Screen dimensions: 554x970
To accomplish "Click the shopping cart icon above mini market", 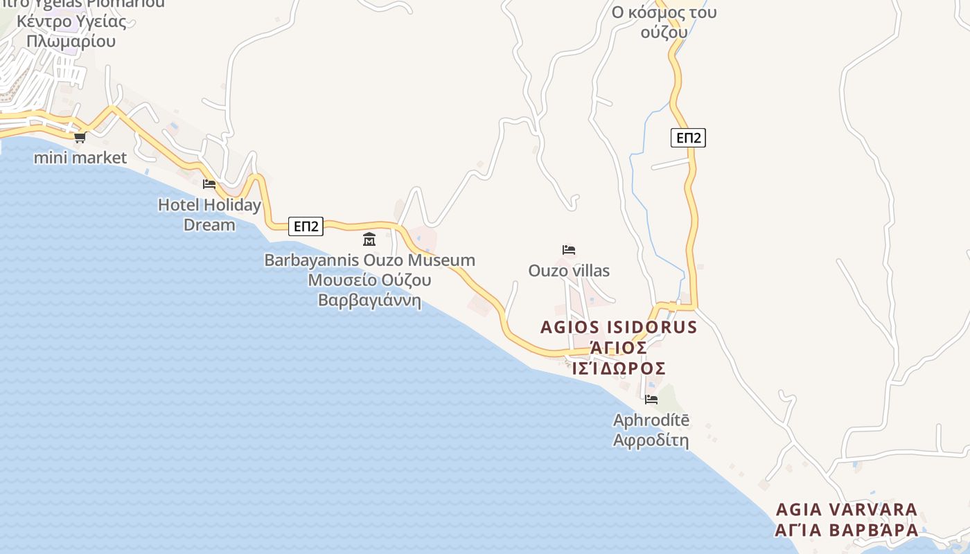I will click(x=80, y=137).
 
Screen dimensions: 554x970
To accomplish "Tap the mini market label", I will click(x=80, y=158).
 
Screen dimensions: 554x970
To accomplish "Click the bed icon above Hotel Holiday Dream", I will click(x=209, y=184).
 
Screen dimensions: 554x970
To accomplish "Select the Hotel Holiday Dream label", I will click(x=209, y=215).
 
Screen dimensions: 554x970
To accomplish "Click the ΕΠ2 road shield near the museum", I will click(x=306, y=226).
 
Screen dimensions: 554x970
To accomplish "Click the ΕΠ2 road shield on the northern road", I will click(x=688, y=138).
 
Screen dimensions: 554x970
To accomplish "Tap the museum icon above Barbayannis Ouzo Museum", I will click(x=369, y=240).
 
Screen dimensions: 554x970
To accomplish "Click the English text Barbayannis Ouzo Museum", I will click(x=369, y=260).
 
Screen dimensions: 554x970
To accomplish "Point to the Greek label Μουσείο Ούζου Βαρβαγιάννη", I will click(x=369, y=290).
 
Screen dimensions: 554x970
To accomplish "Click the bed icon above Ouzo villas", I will click(x=569, y=249).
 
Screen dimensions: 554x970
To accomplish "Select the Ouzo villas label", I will click(x=569, y=271).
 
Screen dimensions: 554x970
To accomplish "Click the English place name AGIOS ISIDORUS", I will click(x=618, y=327).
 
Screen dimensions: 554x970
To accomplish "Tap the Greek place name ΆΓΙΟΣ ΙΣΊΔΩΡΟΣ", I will click(x=618, y=357).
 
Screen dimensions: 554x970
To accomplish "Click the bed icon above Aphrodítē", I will click(x=651, y=399).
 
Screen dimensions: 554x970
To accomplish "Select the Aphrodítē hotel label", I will click(x=651, y=420).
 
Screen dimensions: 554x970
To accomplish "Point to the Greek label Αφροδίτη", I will click(x=651, y=440).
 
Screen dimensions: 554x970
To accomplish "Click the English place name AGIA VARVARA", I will click(x=846, y=510).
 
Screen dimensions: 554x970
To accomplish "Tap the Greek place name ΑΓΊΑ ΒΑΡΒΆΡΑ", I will click(x=846, y=530).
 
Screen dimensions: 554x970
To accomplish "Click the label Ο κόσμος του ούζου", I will click(x=664, y=22).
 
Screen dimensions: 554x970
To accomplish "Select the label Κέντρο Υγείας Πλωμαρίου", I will click(x=71, y=31).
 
